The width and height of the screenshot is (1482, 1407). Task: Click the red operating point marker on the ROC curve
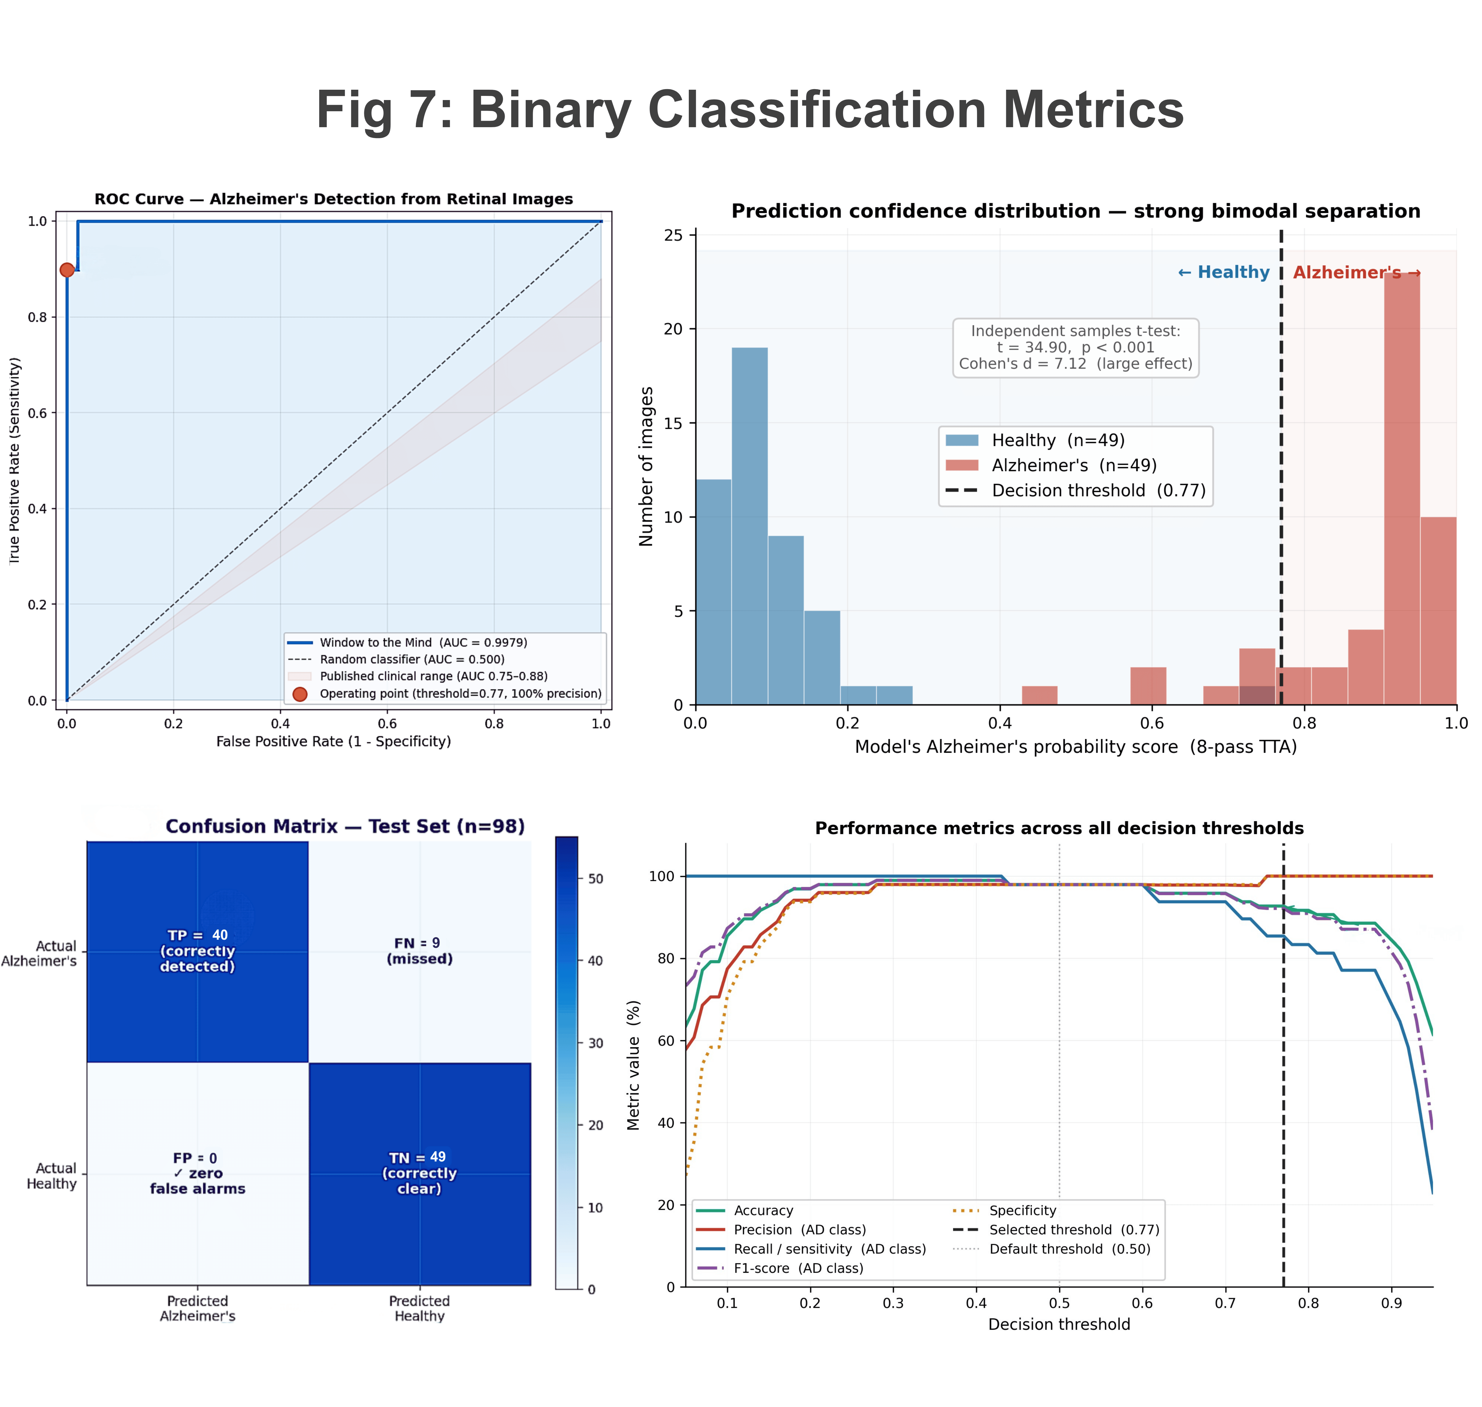67,270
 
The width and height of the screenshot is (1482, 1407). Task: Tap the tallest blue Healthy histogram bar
750,526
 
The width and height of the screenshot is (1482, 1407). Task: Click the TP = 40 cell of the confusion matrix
198,952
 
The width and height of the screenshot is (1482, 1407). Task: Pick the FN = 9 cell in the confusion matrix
420,952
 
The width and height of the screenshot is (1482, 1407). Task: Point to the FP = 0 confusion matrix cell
198,1174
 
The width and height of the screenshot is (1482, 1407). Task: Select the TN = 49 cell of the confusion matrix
420,1174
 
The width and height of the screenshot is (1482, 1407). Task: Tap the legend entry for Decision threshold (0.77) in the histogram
1076,490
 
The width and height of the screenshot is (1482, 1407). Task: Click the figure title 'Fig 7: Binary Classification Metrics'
750,109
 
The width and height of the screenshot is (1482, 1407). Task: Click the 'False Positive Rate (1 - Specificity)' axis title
334,742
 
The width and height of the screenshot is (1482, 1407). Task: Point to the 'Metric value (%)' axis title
633,1065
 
